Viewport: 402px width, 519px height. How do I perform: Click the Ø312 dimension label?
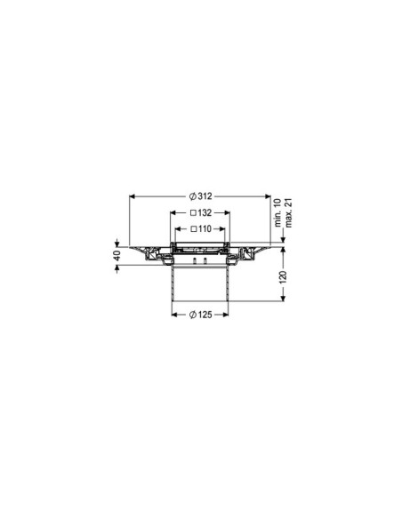point(200,196)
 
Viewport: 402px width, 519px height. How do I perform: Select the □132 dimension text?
point(200,213)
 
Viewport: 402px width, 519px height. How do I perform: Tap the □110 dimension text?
point(200,228)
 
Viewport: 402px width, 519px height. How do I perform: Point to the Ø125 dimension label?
point(200,315)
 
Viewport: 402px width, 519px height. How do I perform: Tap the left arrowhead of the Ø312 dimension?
point(133,196)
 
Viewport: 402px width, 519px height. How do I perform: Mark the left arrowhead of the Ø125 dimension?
point(174,315)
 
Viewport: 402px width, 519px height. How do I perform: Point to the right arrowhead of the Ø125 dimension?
point(227,315)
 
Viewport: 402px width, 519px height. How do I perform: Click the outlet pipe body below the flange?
point(200,284)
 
